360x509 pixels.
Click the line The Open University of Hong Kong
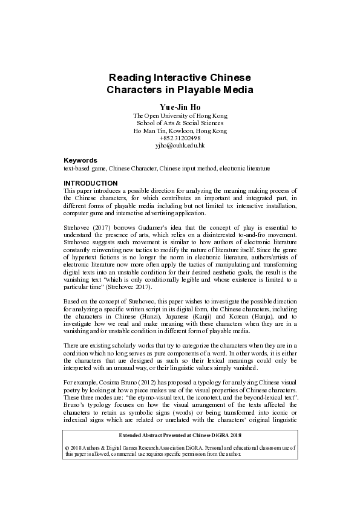180,115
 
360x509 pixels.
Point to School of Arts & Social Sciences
180,123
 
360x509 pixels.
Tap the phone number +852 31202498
180,138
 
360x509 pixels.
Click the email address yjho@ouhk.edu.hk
180,146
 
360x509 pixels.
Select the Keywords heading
80,160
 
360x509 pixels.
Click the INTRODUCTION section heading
91,183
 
